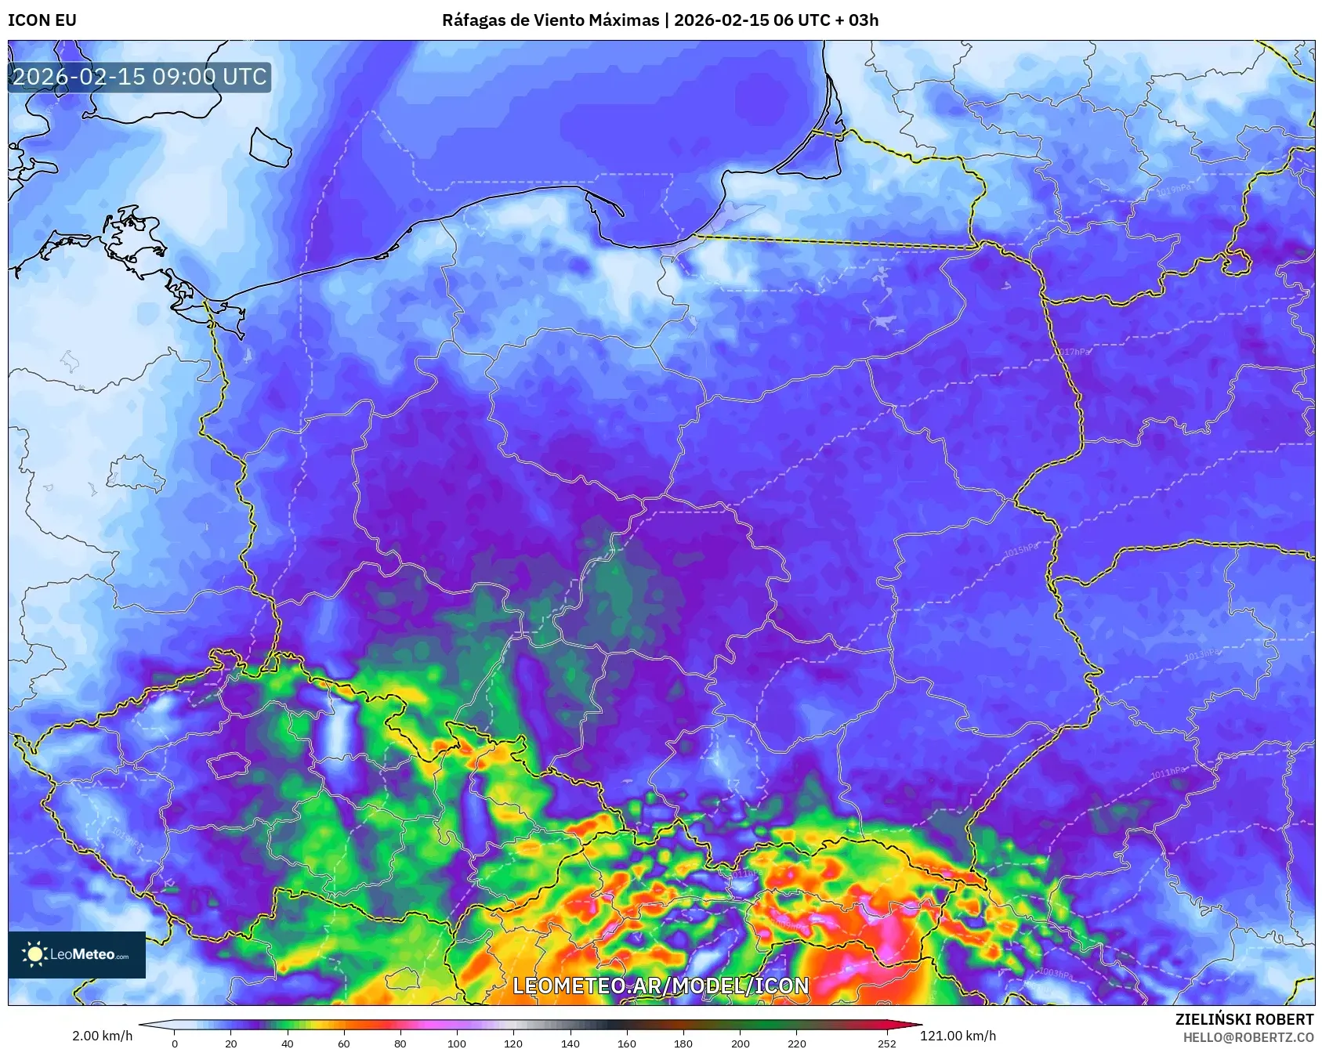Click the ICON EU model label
pos(42,20)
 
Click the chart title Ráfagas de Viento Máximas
pos(550,20)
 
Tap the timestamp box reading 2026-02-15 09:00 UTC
pos(139,77)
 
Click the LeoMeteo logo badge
pos(77,954)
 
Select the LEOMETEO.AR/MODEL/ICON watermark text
pos(661,986)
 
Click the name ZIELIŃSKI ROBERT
pos(1244,1019)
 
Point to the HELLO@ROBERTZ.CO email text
pos(1248,1037)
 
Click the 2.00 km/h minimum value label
pos(102,1036)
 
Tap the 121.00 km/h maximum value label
pos(958,1036)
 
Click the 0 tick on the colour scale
pos(175,1044)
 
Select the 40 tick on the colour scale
pos(288,1044)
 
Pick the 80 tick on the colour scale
pos(400,1044)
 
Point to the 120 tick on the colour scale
pos(513,1044)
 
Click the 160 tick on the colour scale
pos(627,1044)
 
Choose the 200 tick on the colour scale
pos(740,1044)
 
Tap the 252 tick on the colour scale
pos(886,1044)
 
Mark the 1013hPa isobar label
pos(1201,653)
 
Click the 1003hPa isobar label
pos(1056,973)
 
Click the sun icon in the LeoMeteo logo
pos(34,954)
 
